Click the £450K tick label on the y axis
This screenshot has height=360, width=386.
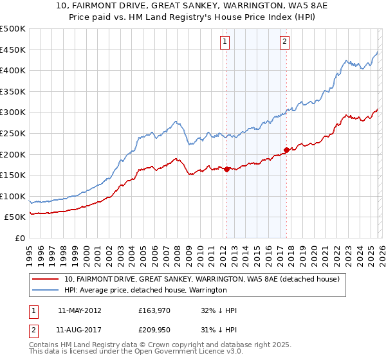tap(13, 50)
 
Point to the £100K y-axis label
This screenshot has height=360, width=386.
tap(13, 196)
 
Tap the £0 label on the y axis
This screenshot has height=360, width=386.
tap(19, 238)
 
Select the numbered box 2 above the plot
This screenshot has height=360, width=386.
tap(284, 42)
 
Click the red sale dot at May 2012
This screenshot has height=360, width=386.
tap(226, 169)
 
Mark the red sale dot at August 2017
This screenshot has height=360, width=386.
tap(286, 150)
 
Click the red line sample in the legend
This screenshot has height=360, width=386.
tap(46, 280)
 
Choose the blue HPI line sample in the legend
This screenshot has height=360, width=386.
tap(46, 291)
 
